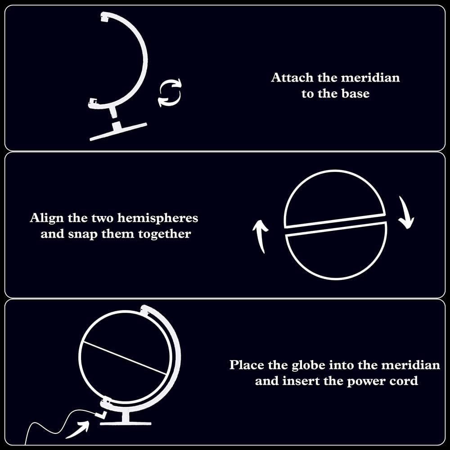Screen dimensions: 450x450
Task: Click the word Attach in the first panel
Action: point(292,78)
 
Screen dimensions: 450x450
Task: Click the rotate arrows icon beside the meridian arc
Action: point(170,92)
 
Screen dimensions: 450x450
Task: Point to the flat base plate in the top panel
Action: point(118,132)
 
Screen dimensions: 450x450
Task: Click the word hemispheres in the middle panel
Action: point(157,218)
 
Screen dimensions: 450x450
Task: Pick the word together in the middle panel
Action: point(164,234)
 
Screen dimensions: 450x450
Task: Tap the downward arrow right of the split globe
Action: point(406,212)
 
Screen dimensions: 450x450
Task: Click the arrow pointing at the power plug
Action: point(77,429)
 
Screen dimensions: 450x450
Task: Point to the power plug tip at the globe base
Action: point(101,415)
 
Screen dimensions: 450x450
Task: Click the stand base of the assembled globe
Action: point(126,423)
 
